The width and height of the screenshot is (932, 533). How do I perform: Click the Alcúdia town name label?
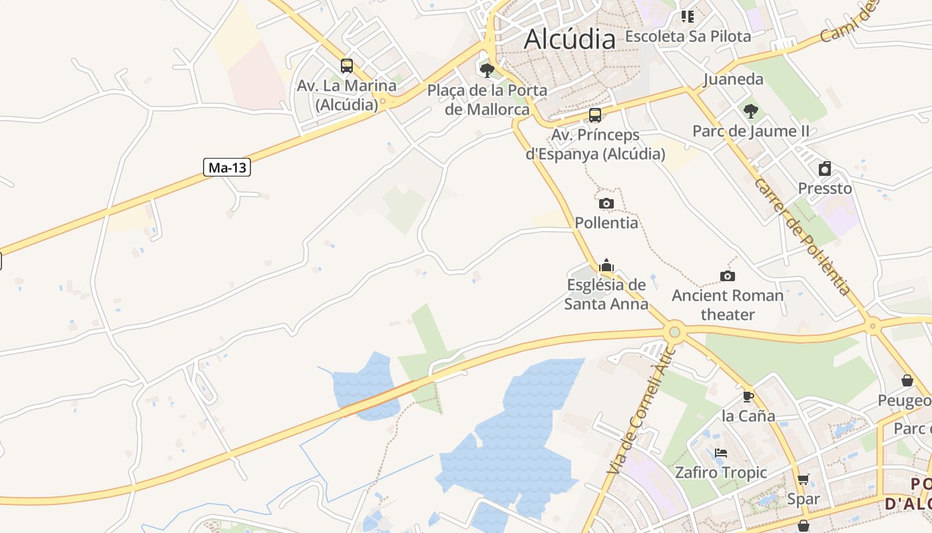click(570, 39)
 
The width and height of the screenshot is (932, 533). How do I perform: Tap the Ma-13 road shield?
click(227, 167)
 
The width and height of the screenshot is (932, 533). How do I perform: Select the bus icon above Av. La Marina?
click(347, 66)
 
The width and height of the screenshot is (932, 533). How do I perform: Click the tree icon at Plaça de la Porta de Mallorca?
click(487, 70)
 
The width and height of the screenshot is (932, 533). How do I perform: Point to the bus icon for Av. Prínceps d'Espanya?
click(595, 115)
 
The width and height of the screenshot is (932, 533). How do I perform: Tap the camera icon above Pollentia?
click(606, 203)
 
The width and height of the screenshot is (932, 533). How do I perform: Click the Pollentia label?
click(606, 223)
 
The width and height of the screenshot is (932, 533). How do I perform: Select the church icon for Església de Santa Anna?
click(606, 265)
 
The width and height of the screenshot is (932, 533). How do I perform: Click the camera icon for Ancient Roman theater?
click(728, 276)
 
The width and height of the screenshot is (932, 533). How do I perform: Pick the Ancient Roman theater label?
click(728, 304)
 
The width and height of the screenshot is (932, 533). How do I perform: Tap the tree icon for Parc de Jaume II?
click(751, 111)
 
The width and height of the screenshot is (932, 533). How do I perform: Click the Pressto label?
click(825, 189)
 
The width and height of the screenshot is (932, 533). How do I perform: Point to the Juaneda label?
click(734, 79)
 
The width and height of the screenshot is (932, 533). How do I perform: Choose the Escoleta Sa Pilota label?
click(688, 36)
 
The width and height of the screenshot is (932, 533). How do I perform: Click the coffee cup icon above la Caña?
click(748, 397)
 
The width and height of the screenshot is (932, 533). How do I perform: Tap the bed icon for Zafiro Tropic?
click(720, 453)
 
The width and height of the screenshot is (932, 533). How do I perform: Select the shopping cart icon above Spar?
click(804, 480)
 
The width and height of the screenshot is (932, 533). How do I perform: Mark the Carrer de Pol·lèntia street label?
click(802, 237)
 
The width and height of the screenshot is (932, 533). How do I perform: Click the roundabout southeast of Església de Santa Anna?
click(674, 331)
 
